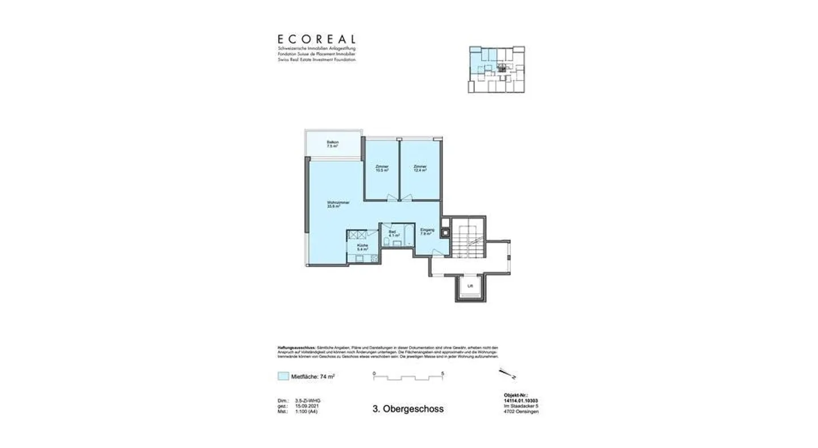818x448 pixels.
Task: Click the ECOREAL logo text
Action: click(x=316, y=40)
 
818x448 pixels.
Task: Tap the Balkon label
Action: click(x=332, y=144)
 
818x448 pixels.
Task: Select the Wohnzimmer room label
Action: click(x=337, y=204)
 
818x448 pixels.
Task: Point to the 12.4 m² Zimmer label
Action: click(x=420, y=168)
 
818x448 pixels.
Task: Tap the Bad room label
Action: click(x=392, y=234)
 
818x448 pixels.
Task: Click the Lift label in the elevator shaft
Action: click(x=470, y=287)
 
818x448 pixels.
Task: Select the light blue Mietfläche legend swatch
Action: click(x=283, y=376)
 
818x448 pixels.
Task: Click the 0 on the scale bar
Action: click(x=374, y=373)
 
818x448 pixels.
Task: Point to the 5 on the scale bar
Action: click(x=442, y=373)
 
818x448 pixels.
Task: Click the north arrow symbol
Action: click(x=507, y=375)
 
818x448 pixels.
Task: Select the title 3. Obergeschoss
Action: click(x=408, y=409)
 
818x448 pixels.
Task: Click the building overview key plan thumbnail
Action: click(x=496, y=69)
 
